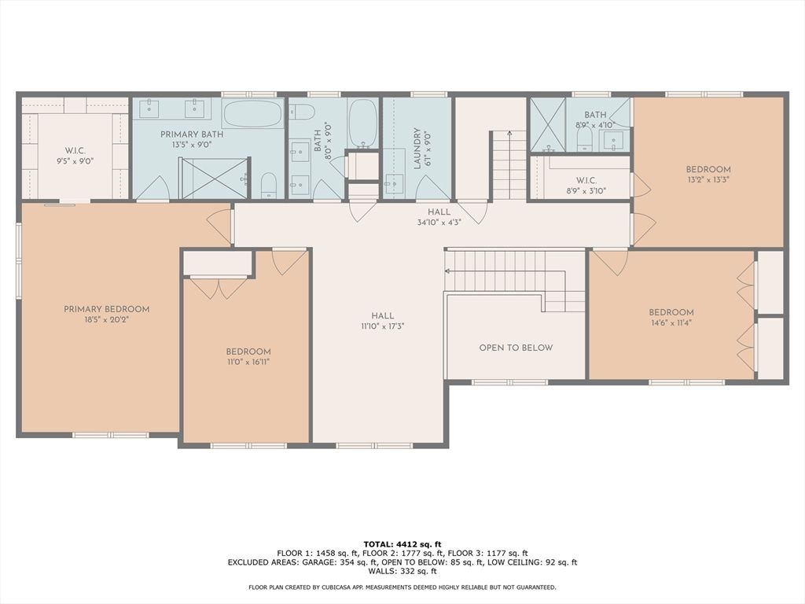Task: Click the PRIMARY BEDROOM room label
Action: pyautogui.click(x=106, y=309)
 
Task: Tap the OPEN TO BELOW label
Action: pyautogui.click(x=516, y=348)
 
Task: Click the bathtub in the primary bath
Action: pyautogui.click(x=252, y=114)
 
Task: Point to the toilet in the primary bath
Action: pyautogui.click(x=268, y=185)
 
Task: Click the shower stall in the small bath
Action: pyautogui.click(x=547, y=124)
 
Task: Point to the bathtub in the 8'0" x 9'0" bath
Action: pyautogui.click(x=362, y=123)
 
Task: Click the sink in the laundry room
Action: pyautogui.click(x=394, y=184)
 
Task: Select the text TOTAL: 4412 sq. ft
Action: pyautogui.click(x=402, y=543)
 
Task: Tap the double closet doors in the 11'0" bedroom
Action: pyautogui.click(x=218, y=287)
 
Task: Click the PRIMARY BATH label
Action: pyautogui.click(x=192, y=134)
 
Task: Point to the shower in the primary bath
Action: pyautogui.click(x=213, y=178)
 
